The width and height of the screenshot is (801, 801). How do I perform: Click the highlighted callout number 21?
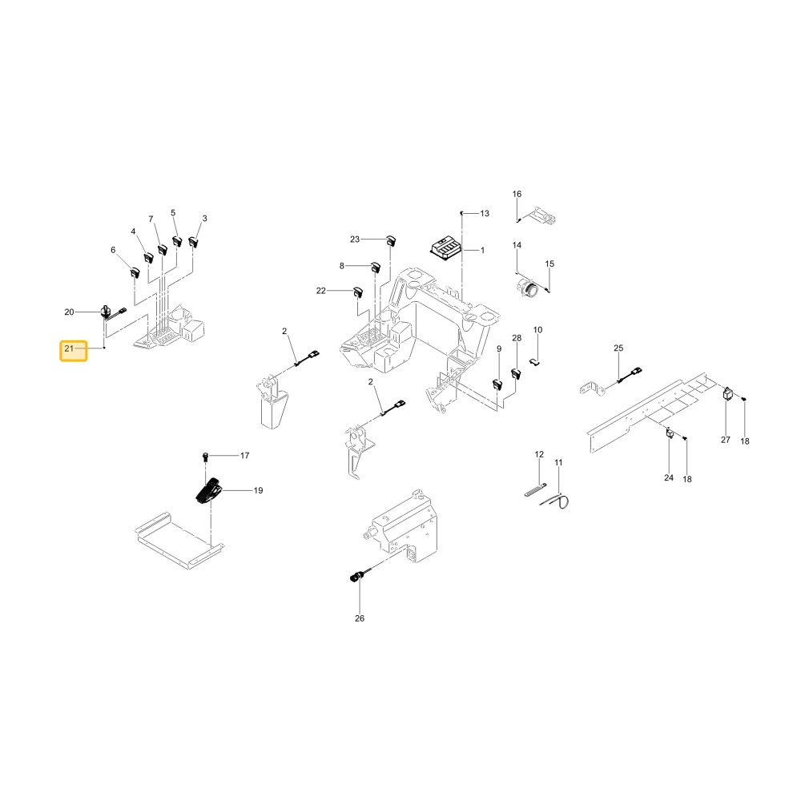pyautogui.click(x=69, y=349)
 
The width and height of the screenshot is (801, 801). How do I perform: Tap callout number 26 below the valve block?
pyautogui.click(x=360, y=618)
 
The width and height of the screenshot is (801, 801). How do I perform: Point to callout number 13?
pyautogui.click(x=485, y=213)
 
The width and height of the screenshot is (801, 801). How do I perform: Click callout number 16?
pyautogui.click(x=517, y=194)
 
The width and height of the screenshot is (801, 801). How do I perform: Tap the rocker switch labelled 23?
pyautogui.click(x=391, y=240)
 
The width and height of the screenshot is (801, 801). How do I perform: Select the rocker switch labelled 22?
pyautogui.click(x=357, y=292)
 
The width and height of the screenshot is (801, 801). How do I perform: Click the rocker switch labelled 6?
pyautogui.click(x=135, y=272)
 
